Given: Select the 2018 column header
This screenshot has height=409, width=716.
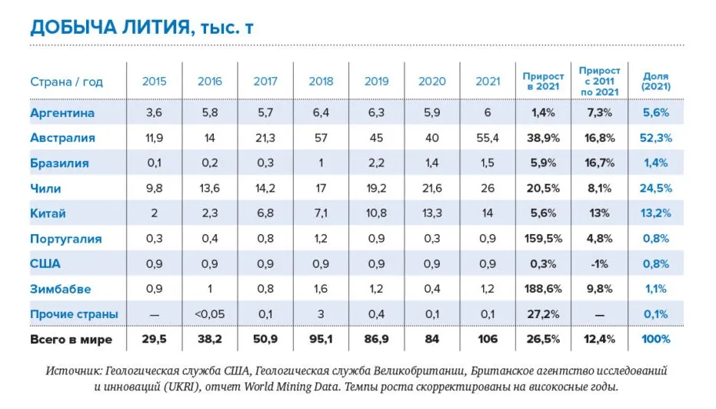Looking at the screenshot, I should pos(321,82).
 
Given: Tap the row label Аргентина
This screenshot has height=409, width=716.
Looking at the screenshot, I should pos(62,113).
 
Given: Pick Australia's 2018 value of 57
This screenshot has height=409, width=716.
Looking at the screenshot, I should pos(321,139).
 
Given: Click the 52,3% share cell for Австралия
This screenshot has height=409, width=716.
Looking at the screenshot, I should pos(656,139).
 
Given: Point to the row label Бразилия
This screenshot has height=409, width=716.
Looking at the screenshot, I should pos(59,163).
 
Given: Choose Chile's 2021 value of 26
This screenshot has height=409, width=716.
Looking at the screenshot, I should pos(488,189).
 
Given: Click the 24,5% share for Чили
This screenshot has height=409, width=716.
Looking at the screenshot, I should pos(656,189).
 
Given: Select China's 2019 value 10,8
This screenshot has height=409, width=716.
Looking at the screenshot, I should pos(376,213).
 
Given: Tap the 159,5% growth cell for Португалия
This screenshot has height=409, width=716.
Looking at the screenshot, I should pos(543,239).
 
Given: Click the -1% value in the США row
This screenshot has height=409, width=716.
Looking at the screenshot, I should pos(599,264).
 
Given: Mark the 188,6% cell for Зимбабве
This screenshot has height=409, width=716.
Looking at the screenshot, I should pos(543,290).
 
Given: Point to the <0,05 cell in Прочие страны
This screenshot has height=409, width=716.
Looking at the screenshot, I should pos(210,314).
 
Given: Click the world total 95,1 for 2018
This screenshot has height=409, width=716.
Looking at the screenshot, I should pos(321,340).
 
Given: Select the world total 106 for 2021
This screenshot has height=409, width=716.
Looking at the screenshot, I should pos(488,340).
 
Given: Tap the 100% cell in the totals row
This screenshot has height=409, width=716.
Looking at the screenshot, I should pos(656,340).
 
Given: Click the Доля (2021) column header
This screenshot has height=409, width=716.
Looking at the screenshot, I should pos(656,82).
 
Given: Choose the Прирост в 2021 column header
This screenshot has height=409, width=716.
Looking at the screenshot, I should pos(543,82).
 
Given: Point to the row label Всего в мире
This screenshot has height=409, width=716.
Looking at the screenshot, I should pos(71,340).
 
